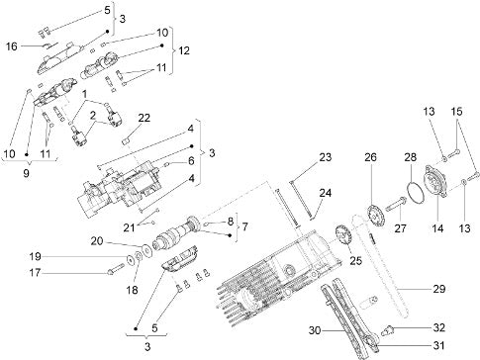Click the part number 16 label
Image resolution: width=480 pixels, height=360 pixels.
pyautogui.click(x=12, y=46)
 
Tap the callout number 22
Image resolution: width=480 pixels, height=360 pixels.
pyautogui.click(x=144, y=118)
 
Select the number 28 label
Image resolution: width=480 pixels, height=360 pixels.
pyautogui.click(x=411, y=157)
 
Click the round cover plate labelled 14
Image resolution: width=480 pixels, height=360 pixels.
pyautogui.click(x=435, y=181)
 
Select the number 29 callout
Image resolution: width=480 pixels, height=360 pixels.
pyautogui.click(x=439, y=289)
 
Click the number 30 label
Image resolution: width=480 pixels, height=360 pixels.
pyautogui.click(x=315, y=330)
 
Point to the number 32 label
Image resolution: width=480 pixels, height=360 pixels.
pyautogui.click(x=438, y=327)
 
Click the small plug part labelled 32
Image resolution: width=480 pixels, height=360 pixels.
pyautogui.click(x=387, y=330)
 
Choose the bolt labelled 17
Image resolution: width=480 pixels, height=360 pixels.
pyautogui.click(x=115, y=269)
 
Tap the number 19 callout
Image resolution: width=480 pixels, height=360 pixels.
pyautogui.click(x=35, y=256)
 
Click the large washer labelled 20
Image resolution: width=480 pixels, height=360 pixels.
pyautogui.click(x=144, y=249)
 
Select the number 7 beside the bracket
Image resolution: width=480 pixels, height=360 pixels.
pyautogui.click(x=244, y=226)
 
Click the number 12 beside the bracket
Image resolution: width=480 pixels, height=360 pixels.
pyautogui.click(x=184, y=50)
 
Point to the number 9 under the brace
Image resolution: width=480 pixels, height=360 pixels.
pyautogui.click(x=26, y=173)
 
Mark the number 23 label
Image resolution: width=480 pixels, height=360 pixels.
pyautogui.click(x=325, y=157)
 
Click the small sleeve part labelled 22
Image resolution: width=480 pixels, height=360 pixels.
pyautogui.click(x=126, y=141)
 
